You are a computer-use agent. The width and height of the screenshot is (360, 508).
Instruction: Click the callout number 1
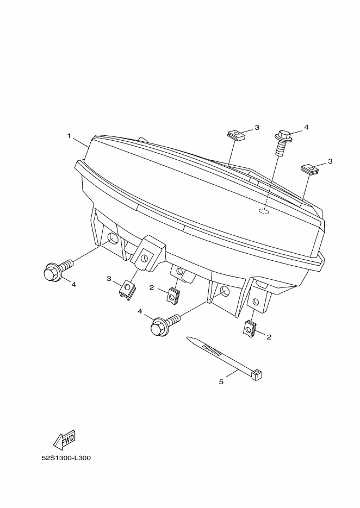coord(69,136)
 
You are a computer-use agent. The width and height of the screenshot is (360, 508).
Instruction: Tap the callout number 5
coord(221,382)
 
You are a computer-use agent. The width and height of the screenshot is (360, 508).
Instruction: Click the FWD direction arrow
coord(64,440)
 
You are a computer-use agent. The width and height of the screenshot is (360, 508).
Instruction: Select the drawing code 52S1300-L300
coord(66,458)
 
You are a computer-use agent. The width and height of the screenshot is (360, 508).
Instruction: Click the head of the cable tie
coord(257,374)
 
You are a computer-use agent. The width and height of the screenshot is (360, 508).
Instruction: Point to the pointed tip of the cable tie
coord(187,338)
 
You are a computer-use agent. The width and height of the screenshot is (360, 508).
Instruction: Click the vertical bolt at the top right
coord(282,143)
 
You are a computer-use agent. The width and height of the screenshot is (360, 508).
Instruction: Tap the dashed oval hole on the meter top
coord(264,211)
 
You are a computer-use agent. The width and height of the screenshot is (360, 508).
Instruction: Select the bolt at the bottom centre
coord(165,325)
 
